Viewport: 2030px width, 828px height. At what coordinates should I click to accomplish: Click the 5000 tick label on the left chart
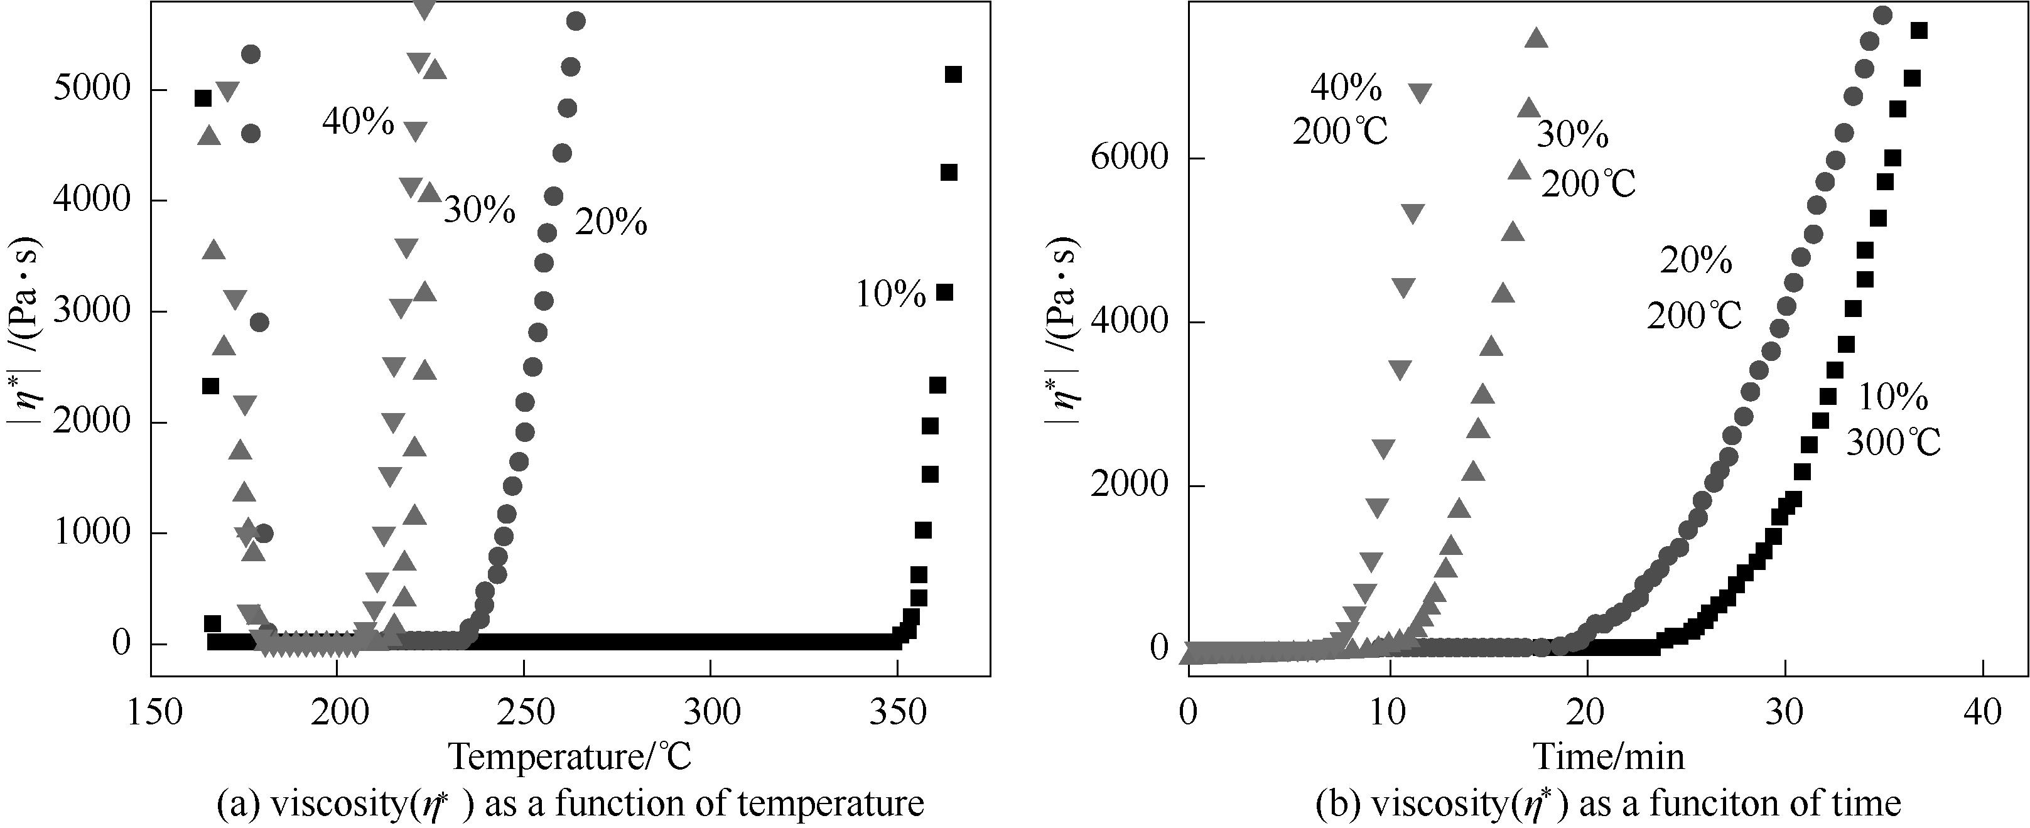(x=90, y=90)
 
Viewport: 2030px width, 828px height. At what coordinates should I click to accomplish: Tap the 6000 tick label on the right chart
(x=1128, y=157)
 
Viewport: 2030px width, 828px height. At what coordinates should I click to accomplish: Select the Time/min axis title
(x=1609, y=756)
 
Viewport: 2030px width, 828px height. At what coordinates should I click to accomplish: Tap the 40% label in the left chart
(x=358, y=122)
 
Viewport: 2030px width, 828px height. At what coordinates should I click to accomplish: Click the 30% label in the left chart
(x=479, y=211)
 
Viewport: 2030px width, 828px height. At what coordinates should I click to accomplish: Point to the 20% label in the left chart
(x=611, y=223)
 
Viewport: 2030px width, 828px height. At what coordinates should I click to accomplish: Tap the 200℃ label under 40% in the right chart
(x=1340, y=132)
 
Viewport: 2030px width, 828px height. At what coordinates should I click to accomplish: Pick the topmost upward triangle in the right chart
(x=1536, y=38)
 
